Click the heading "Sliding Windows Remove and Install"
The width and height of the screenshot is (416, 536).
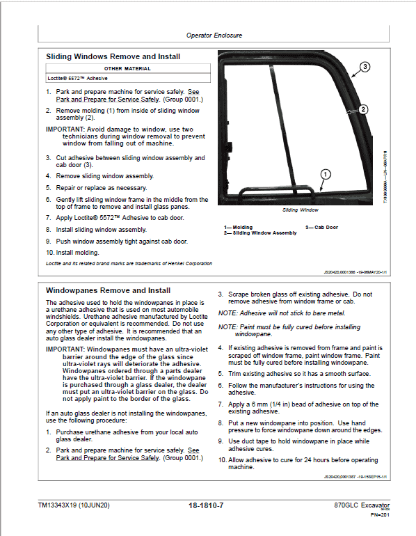point(113,56)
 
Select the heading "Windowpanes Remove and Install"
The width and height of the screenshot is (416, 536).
point(108,290)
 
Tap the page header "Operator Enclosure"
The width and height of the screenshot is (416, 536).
point(214,35)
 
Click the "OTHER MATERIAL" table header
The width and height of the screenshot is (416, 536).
point(127,69)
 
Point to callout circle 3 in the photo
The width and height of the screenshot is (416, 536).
point(367,68)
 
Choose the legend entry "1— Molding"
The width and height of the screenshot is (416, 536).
point(238,227)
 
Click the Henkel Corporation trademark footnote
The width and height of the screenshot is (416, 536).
point(129,263)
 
